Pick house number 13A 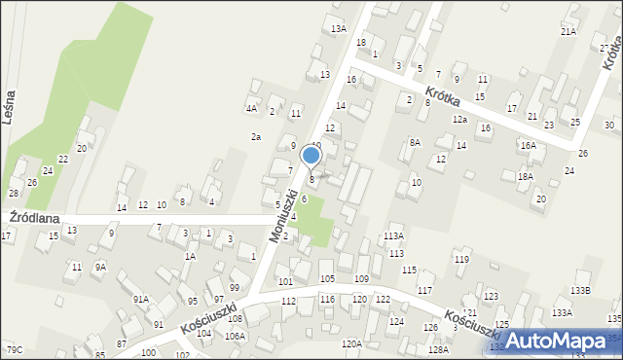click(x=338, y=29)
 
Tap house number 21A click(x=568, y=32)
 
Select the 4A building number click(x=251, y=108)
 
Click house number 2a click(x=256, y=137)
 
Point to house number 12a click(x=459, y=119)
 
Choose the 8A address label click(x=414, y=143)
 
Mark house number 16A click(x=528, y=145)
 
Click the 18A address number click(x=526, y=176)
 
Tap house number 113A click(x=393, y=236)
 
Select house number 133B click(x=581, y=291)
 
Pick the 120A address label click(x=351, y=343)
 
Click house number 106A click(x=235, y=336)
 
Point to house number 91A click(x=141, y=299)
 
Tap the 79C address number click(x=14, y=349)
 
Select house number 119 click(x=460, y=259)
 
